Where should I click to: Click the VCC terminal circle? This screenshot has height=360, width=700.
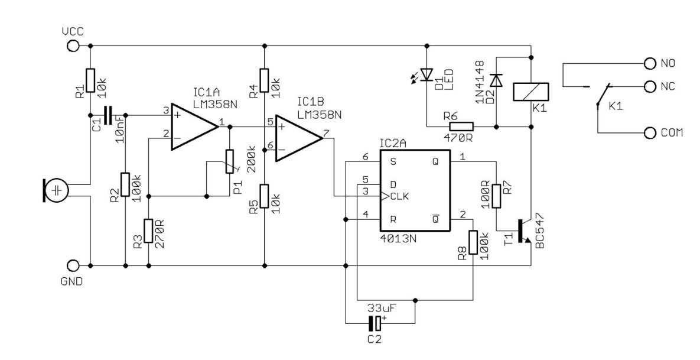coord(73,46)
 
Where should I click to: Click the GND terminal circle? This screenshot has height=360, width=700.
coord(73,266)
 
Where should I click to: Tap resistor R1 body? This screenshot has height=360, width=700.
coord(90,80)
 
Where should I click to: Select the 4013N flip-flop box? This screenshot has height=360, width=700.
coord(415,191)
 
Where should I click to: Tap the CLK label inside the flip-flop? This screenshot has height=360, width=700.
coord(399,196)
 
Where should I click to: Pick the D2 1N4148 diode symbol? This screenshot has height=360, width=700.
coord(496,80)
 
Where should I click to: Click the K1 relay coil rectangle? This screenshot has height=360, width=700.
coord(531,92)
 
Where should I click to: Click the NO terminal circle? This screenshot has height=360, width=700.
coord(650,64)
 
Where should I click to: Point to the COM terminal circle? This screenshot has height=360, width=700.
coord(650,132)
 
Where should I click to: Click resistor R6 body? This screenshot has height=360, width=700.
coord(461,127)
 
